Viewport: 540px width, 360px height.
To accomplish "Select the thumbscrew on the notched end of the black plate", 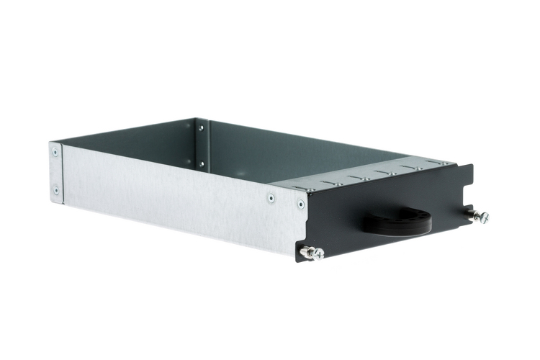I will click(x=478, y=215).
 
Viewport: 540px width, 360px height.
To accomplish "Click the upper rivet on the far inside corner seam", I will click(x=201, y=128).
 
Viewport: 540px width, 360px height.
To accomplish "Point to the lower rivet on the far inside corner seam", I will click(x=201, y=163).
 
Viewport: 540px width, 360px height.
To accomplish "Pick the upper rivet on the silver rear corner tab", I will click(x=55, y=152).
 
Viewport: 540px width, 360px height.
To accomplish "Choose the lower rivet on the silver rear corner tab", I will click(x=55, y=190).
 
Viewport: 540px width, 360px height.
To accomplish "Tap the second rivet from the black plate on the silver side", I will click(x=271, y=197).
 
